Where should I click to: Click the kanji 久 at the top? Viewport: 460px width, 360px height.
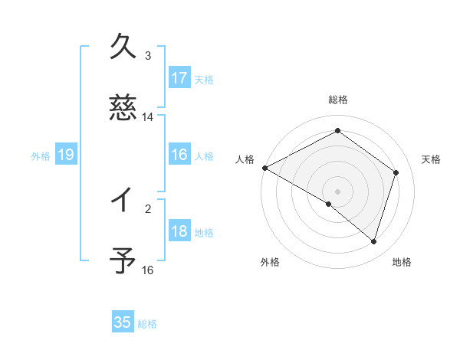pyautogui.click(x=123, y=46)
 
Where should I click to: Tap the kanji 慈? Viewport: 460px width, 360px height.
pyautogui.click(x=123, y=107)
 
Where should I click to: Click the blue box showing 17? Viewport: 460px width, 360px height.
pyautogui.click(x=179, y=78)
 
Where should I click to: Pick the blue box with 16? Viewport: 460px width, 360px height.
pyautogui.click(x=179, y=155)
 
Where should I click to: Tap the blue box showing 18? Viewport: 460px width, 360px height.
pyautogui.click(x=179, y=231)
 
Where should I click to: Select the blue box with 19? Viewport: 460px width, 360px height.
pyautogui.click(x=65, y=155)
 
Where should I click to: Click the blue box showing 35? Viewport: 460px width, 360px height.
pyautogui.click(x=123, y=322)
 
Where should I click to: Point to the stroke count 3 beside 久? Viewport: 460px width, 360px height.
pyautogui.click(x=148, y=55)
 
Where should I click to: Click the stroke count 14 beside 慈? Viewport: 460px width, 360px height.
pyautogui.click(x=148, y=117)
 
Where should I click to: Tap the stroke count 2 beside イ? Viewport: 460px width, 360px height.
pyautogui.click(x=148, y=208)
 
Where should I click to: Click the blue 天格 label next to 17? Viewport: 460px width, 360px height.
pyautogui.click(x=204, y=79)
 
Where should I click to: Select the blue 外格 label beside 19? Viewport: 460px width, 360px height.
pyautogui.click(x=41, y=155)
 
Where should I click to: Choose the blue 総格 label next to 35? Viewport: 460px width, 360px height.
pyautogui.click(x=147, y=323)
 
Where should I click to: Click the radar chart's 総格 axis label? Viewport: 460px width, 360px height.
pyautogui.click(x=337, y=100)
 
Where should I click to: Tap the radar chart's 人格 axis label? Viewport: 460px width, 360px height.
pyautogui.click(x=245, y=159)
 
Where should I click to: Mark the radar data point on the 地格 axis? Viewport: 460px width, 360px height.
pyautogui.click(x=374, y=242)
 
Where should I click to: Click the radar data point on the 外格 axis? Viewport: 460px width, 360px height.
pyautogui.click(x=329, y=204)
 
